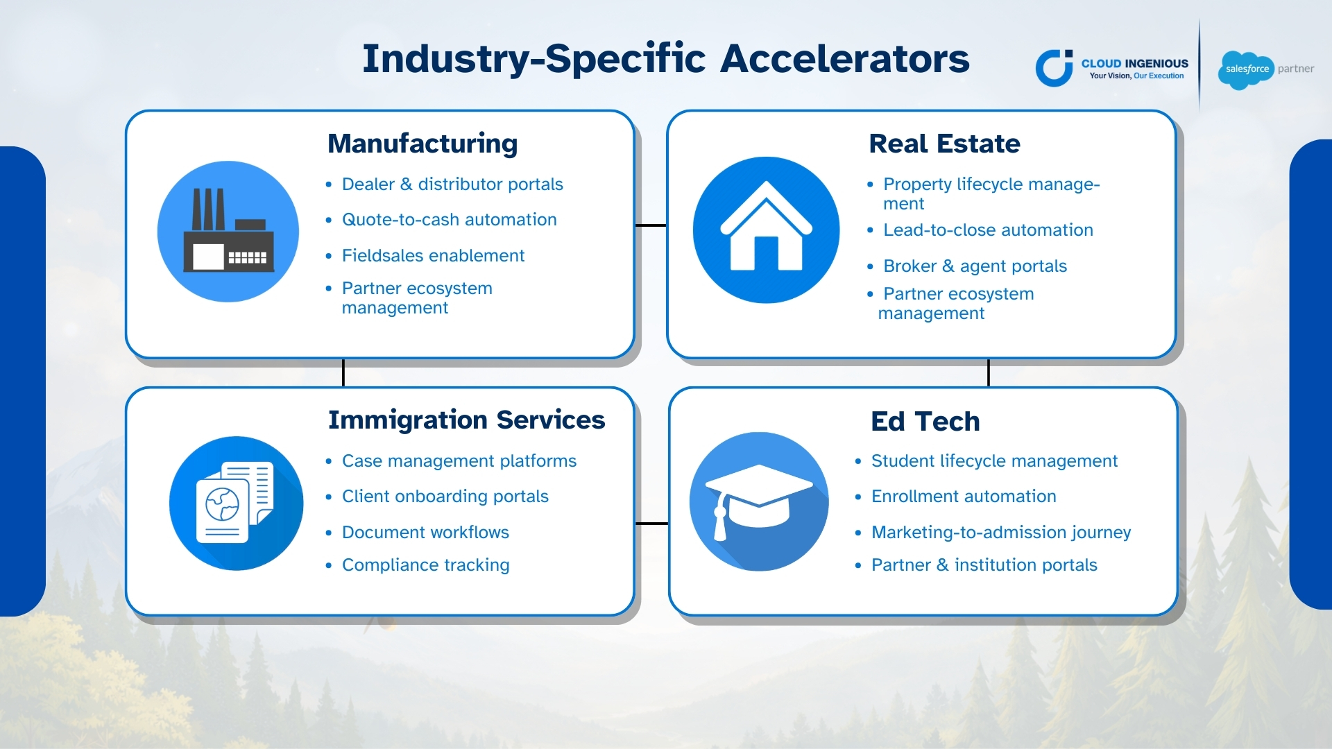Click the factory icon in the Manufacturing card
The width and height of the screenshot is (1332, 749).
(x=228, y=232)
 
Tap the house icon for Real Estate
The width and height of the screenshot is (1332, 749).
(x=766, y=230)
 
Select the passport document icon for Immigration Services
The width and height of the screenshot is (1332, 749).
(x=237, y=503)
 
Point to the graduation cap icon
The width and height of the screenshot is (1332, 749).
(x=759, y=501)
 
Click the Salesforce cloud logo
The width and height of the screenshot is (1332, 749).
(x=1246, y=70)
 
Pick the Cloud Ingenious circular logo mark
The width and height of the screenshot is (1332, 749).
(x=1054, y=68)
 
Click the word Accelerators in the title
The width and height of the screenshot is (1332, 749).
(x=845, y=58)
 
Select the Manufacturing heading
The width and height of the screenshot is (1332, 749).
(x=422, y=144)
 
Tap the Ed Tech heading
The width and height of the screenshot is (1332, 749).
(x=925, y=422)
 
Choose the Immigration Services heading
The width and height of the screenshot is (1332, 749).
(x=466, y=420)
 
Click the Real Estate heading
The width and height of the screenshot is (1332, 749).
(x=944, y=144)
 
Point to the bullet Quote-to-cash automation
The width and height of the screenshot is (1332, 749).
(x=450, y=220)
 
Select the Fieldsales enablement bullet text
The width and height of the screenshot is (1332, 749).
(x=433, y=256)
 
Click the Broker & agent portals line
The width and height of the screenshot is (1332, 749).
(x=975, y=266)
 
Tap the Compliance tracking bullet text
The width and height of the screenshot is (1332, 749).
(x=426, y=565)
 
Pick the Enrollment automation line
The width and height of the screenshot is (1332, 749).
(x=964, y=497)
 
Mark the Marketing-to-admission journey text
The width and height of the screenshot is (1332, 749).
(x=1001, y=533)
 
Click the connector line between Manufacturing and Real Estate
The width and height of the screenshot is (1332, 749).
(x=651, y=225)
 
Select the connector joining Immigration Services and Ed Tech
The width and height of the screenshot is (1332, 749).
(x=652, y=524)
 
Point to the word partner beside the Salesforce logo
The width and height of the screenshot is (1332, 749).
(x=1296, y=69)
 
